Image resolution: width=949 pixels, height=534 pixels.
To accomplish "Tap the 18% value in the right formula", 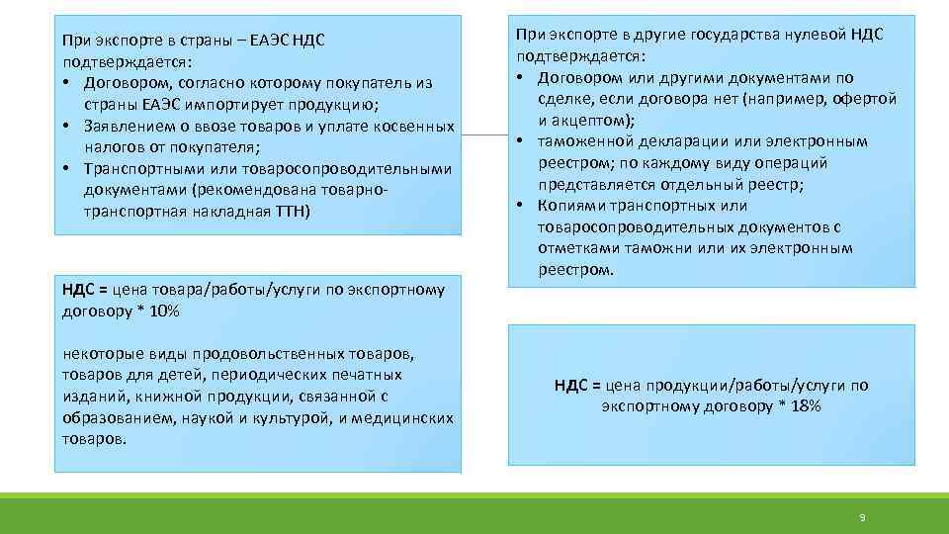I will [x=806, y=406].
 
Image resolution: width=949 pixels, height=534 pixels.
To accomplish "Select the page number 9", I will [x=862, y=517].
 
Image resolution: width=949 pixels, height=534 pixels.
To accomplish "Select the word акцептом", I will [x=590, y=120].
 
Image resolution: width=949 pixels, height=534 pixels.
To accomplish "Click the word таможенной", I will [x=586, y=141].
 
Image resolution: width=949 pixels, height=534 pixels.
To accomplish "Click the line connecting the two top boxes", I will [x=484, y=133].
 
